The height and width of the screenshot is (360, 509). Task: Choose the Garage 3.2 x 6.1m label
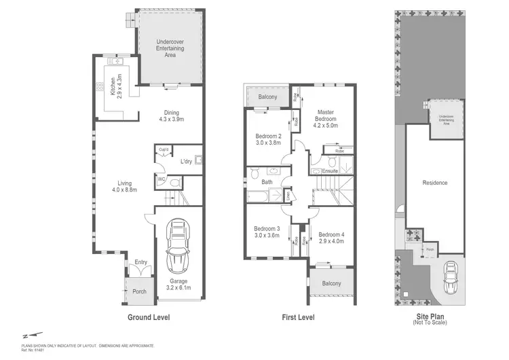pos(178,285)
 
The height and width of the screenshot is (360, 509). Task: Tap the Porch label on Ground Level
pos(138,292)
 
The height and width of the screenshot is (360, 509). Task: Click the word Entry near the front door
pos(140,262)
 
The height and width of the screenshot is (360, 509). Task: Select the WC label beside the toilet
pos(162,179)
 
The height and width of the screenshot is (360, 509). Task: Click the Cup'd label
pos(164,149)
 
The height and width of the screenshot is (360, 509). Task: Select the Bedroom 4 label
pos(331,236)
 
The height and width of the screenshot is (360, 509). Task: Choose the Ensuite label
pos(331,171)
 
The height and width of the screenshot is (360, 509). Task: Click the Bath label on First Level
pos(267,181)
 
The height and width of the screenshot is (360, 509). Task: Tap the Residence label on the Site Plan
pos(435,183)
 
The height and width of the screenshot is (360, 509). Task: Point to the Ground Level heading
pos(149,317)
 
